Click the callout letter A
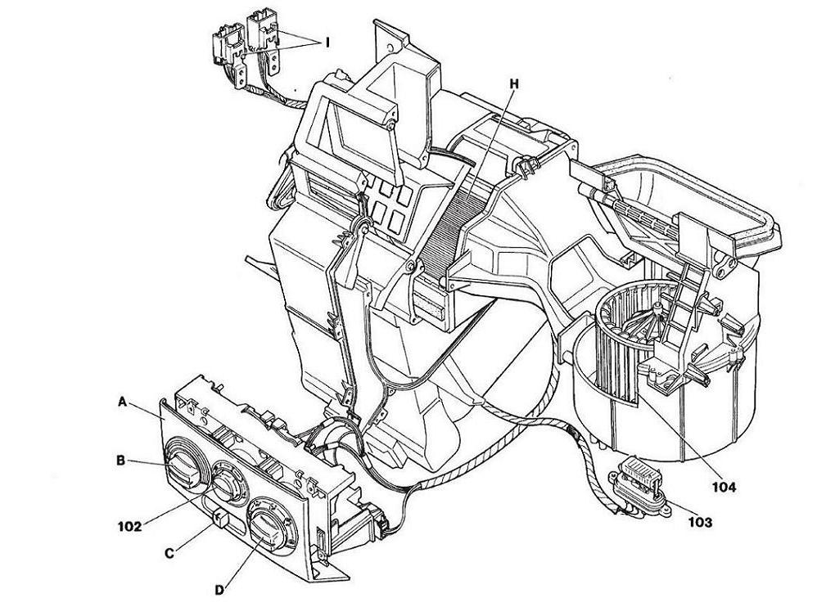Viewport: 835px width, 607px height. (x=122, y=402)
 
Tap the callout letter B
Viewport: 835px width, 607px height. (x=121, y=461)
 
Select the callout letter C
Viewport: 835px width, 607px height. (x=169, y=554)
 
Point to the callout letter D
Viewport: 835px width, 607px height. (x=219, y=590)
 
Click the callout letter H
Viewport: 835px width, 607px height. (x=513, y=84)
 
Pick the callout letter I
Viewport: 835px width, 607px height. (x=327, y=43)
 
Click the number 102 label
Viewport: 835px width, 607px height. (x=129, y=527)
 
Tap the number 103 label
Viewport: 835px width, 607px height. (x=700, y=523)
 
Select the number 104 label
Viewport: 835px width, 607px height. (x=723, y=486)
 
